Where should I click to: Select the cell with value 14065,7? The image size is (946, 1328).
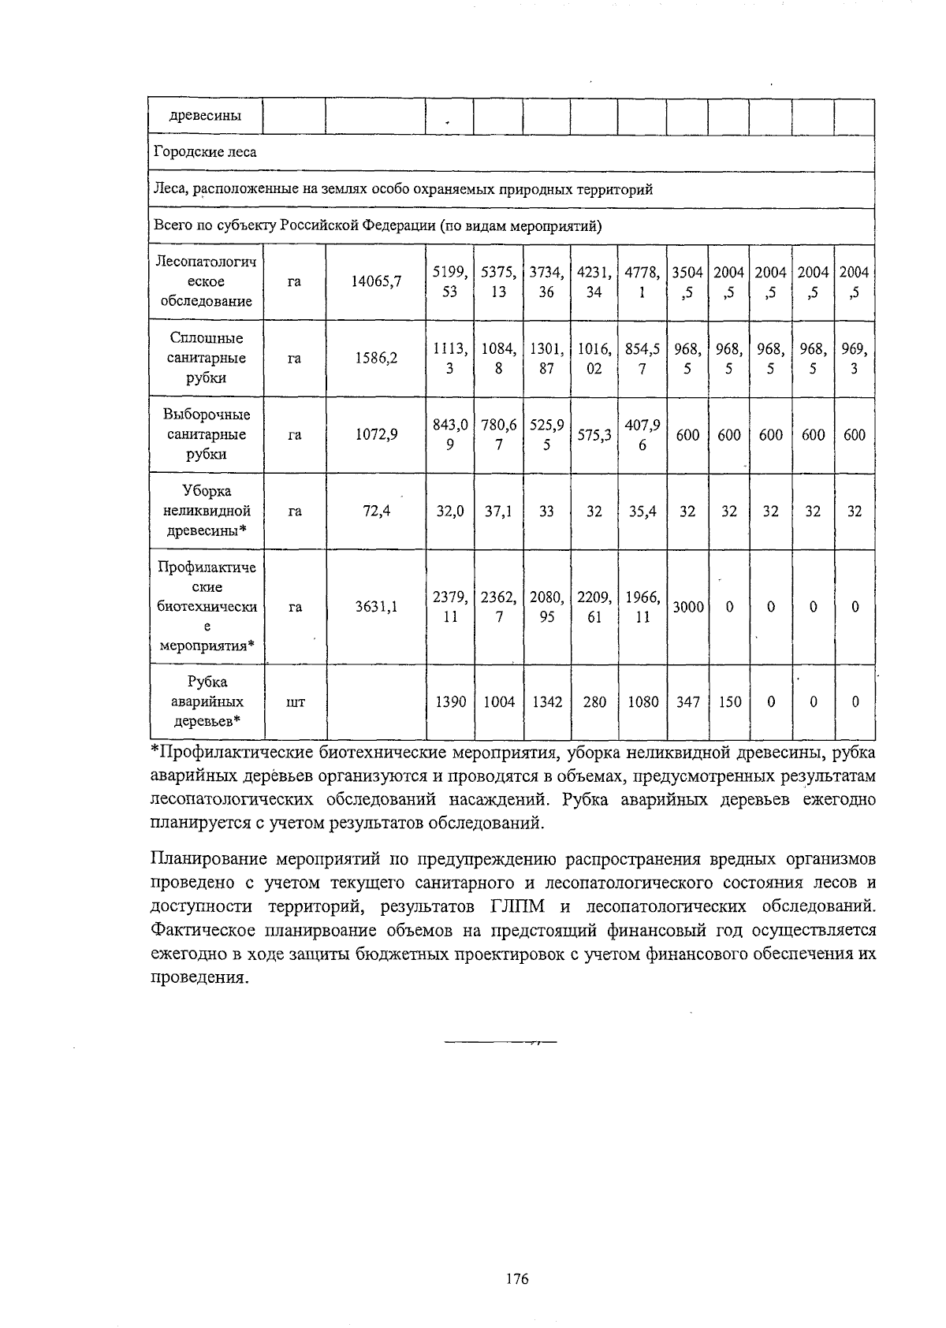tap(376, 281)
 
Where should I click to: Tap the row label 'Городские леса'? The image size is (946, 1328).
tap(205, 152)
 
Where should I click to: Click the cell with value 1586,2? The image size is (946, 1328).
tap(376, 358)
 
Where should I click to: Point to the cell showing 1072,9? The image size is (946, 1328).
tap(376, 434)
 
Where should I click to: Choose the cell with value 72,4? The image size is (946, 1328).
tap(376, 511)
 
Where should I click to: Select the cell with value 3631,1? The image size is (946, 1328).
tap(376, 607)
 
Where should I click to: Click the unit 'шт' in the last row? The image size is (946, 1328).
tap(295, 701)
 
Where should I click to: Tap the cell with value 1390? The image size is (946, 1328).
tap(450, 701)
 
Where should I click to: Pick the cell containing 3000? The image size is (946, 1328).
tap(687, 607)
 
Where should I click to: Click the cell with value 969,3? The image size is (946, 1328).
tap(855, 358)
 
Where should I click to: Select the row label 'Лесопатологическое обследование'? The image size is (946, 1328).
tap(207, 281)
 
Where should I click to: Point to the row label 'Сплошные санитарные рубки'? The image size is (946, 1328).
tap(207, 358)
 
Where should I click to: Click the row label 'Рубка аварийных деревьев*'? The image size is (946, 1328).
tap(207, 701)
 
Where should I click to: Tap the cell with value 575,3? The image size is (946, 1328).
tap(594, 434)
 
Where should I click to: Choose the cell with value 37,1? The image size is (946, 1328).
tap(498, 511)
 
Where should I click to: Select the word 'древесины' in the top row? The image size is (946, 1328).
tap(206, 116)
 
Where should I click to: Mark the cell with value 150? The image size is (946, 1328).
tap(729, 701)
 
